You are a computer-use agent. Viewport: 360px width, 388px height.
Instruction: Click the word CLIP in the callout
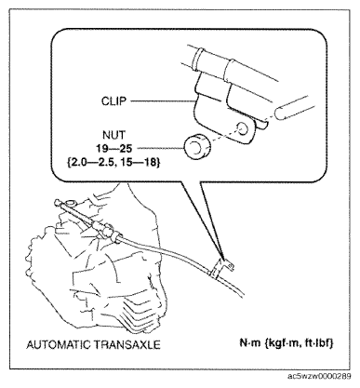click(113, 101)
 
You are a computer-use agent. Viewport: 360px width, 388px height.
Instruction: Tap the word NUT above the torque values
click(113, 135)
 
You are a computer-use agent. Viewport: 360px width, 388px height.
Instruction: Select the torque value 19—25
click(113, 149)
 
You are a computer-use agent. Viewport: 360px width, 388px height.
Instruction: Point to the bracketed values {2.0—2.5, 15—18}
click(113, 162)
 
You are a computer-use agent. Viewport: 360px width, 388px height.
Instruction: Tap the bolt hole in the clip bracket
click(243, 128)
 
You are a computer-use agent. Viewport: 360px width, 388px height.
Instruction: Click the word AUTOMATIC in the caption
click(58, 344)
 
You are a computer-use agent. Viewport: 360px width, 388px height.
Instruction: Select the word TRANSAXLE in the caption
click(127, 344)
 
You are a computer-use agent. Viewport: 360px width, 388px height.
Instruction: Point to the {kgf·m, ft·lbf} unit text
click(299, 343)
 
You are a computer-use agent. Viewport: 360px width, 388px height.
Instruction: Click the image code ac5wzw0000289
click(319, 377)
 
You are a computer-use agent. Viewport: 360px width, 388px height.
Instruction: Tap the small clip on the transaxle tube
click(220, 267)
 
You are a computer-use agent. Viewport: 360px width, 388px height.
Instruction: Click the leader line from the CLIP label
click(163, 101)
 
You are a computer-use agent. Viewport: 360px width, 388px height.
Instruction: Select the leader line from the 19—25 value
click(161, 148)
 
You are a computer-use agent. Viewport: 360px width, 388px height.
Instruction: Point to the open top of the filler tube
click(71, 204)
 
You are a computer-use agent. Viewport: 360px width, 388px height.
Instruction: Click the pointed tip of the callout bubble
click(222, 260)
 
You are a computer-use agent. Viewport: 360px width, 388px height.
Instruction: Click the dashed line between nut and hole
click(240, 129)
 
